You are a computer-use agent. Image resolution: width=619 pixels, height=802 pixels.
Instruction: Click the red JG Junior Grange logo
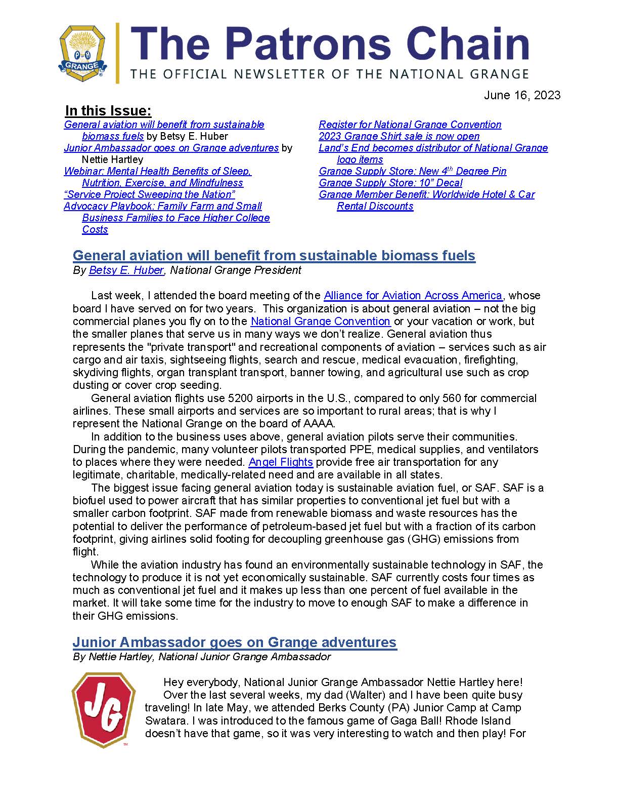click(x=103, y=710)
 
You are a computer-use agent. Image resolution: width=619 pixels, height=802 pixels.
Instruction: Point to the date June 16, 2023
click(x=522, y=95)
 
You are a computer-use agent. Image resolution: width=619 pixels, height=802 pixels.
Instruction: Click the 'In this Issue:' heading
click(x=108, y=111)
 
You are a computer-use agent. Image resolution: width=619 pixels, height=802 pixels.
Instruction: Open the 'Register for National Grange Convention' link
click(x=410, y=125)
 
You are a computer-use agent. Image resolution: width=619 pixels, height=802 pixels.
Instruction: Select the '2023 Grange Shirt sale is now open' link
click(x=399, y=136)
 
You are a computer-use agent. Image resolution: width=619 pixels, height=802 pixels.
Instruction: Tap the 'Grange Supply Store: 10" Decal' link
click(x=390, y=183)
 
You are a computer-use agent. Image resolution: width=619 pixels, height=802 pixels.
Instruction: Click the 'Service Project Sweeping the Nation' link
click(x=150, y=194)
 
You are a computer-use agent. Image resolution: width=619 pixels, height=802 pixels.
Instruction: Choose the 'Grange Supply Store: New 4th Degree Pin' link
click(x=412, y=171)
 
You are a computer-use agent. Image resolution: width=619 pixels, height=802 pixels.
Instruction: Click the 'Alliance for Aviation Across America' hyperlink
click(x=413, y=296)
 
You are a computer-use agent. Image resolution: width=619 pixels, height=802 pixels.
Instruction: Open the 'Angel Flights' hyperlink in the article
click(x=281, y=462)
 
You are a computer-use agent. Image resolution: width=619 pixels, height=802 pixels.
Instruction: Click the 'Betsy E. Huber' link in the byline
click(x=126, y=270)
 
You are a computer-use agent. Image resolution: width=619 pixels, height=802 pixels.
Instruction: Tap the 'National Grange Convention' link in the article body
click(x=320, y=322)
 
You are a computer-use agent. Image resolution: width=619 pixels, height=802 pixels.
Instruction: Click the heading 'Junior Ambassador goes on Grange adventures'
click(x=234, y=642)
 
